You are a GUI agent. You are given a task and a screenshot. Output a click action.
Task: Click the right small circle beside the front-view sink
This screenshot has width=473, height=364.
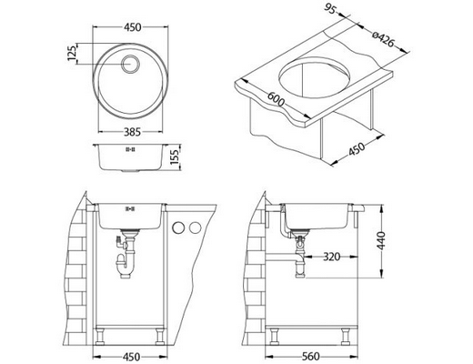click(195, 227)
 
